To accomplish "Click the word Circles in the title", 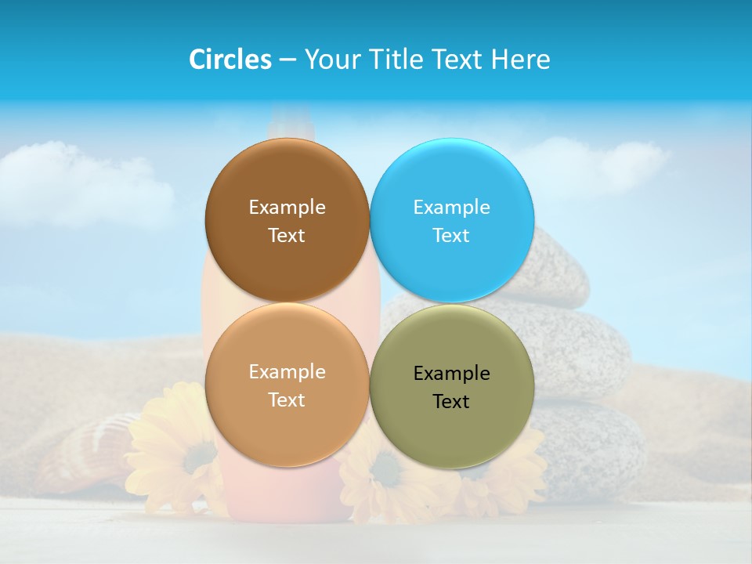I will [230, 60].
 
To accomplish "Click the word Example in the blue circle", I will [451, 208].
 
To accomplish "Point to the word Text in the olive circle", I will [451, 402].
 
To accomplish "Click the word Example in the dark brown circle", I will [287, 208].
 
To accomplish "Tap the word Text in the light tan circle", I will [287, 400].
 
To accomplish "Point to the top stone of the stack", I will [560, 266].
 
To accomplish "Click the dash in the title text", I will [287, 60].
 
